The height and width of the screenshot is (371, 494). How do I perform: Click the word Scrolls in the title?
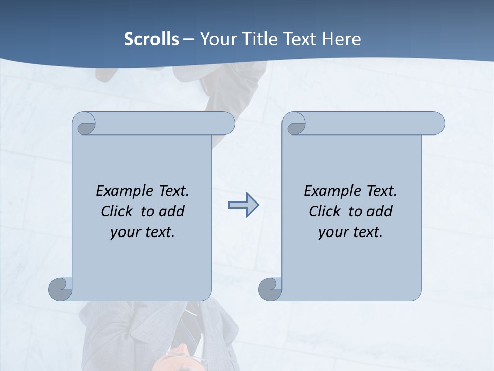151,39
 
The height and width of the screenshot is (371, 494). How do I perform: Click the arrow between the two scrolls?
243,205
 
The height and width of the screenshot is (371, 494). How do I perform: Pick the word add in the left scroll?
172,211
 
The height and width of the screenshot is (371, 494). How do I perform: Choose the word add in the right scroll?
380,211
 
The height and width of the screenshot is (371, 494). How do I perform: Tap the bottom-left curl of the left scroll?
61,288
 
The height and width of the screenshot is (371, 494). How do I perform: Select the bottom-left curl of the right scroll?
270,288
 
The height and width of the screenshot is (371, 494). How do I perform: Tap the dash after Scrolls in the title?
188,39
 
